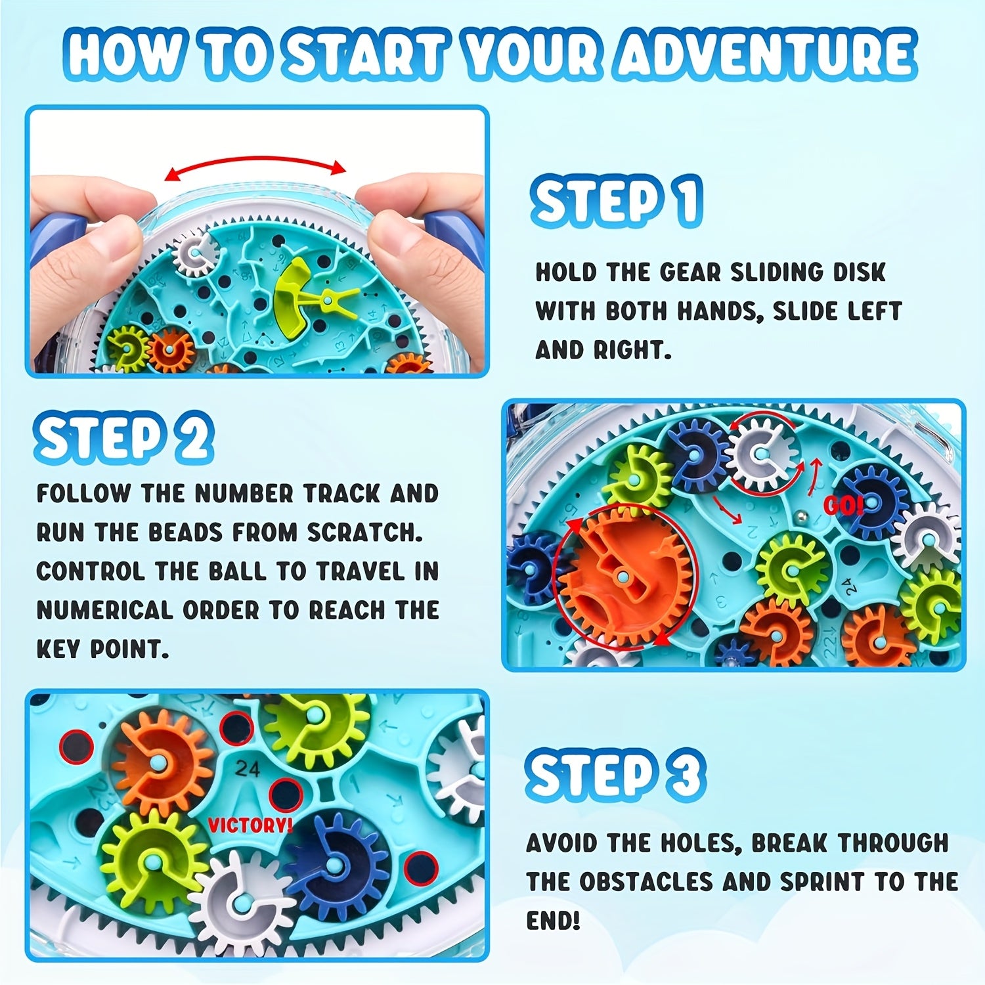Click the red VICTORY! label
pos(250,825)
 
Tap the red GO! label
pos(843,506)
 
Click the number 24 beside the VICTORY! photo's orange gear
pos(248,768)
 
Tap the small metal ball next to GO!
pos(802,519)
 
